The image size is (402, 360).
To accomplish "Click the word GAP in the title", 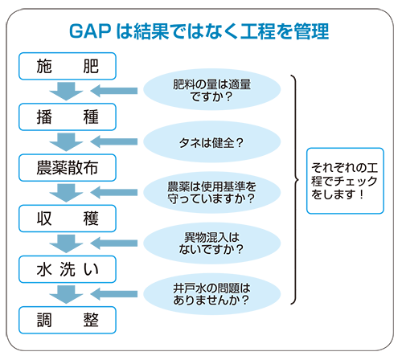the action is tap(90, 31).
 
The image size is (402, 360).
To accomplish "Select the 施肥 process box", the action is tap(68, 66).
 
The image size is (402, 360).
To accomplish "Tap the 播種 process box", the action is tap(68, 117).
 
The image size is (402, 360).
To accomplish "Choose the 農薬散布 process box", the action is tap(68, 168).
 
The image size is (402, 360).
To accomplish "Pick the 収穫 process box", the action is tap(68, 219).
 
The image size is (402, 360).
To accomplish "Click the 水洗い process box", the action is tap(68, 269).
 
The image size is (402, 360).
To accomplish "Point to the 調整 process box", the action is tap(68, 320).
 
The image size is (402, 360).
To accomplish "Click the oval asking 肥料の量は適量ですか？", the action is tap(211, 90).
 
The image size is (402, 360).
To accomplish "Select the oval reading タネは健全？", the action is tap(211, 141).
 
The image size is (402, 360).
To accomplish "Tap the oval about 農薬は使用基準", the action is tap(211, 192).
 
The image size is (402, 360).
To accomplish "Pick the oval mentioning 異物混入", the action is tap(211, 243).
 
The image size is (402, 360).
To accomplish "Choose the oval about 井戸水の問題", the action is tap(211, 294).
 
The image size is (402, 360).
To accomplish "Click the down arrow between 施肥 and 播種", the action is tap(66, 92).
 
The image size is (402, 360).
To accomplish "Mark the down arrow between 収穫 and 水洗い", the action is tap(66, 243).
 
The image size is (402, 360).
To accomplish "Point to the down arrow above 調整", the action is tap(66, 295).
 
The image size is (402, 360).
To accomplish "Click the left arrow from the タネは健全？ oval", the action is tap(114, 141).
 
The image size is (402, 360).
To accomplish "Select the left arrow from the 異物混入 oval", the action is tap(114, 243).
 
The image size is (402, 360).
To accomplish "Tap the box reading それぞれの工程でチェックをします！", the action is tap(345, 181).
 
